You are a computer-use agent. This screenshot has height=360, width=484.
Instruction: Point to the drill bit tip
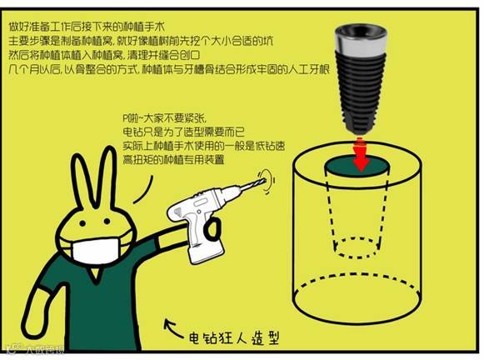(264, 180)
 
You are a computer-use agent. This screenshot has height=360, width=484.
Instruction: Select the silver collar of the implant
(361, 43)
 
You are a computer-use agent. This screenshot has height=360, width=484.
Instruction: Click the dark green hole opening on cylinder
(357, 167)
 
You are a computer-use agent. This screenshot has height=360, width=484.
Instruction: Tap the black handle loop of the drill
(213, 229)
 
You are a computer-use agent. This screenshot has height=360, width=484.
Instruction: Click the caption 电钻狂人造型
(234, 337)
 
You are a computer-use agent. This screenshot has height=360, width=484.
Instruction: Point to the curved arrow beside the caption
(173, 329)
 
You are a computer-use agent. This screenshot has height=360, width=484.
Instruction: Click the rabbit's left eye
(82, 222)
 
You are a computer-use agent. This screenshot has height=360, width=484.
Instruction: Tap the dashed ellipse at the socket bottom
(357, 257)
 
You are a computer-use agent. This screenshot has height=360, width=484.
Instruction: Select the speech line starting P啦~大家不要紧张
(164, 118)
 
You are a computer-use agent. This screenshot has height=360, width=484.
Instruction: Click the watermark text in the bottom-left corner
(37, 350)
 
